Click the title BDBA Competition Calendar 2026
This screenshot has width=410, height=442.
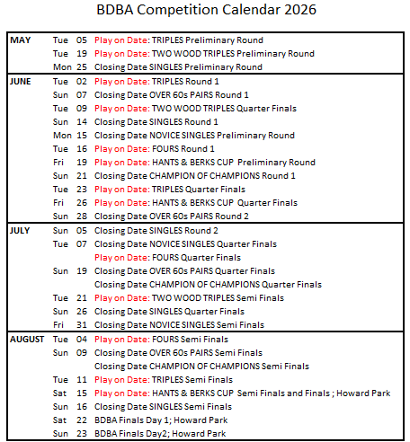[x=206, y=11]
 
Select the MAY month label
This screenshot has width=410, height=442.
[x=20, y=40]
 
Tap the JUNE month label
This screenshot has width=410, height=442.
[x=22, y=81]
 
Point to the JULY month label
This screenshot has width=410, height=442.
[x=21, y=230]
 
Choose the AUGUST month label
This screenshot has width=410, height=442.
[x=28, y=340]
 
